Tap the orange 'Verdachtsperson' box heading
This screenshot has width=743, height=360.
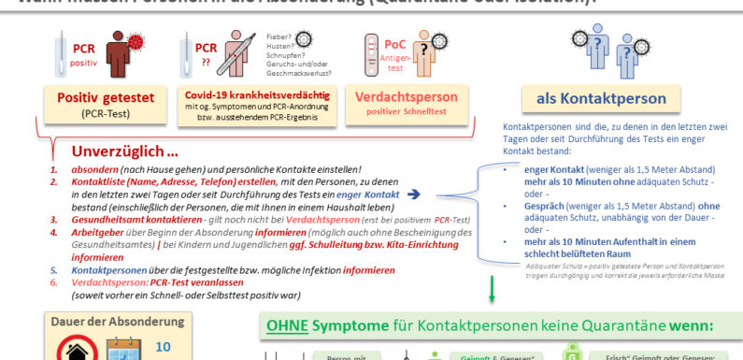click(408, 96)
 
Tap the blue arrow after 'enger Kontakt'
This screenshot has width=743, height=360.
click(414, 193)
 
